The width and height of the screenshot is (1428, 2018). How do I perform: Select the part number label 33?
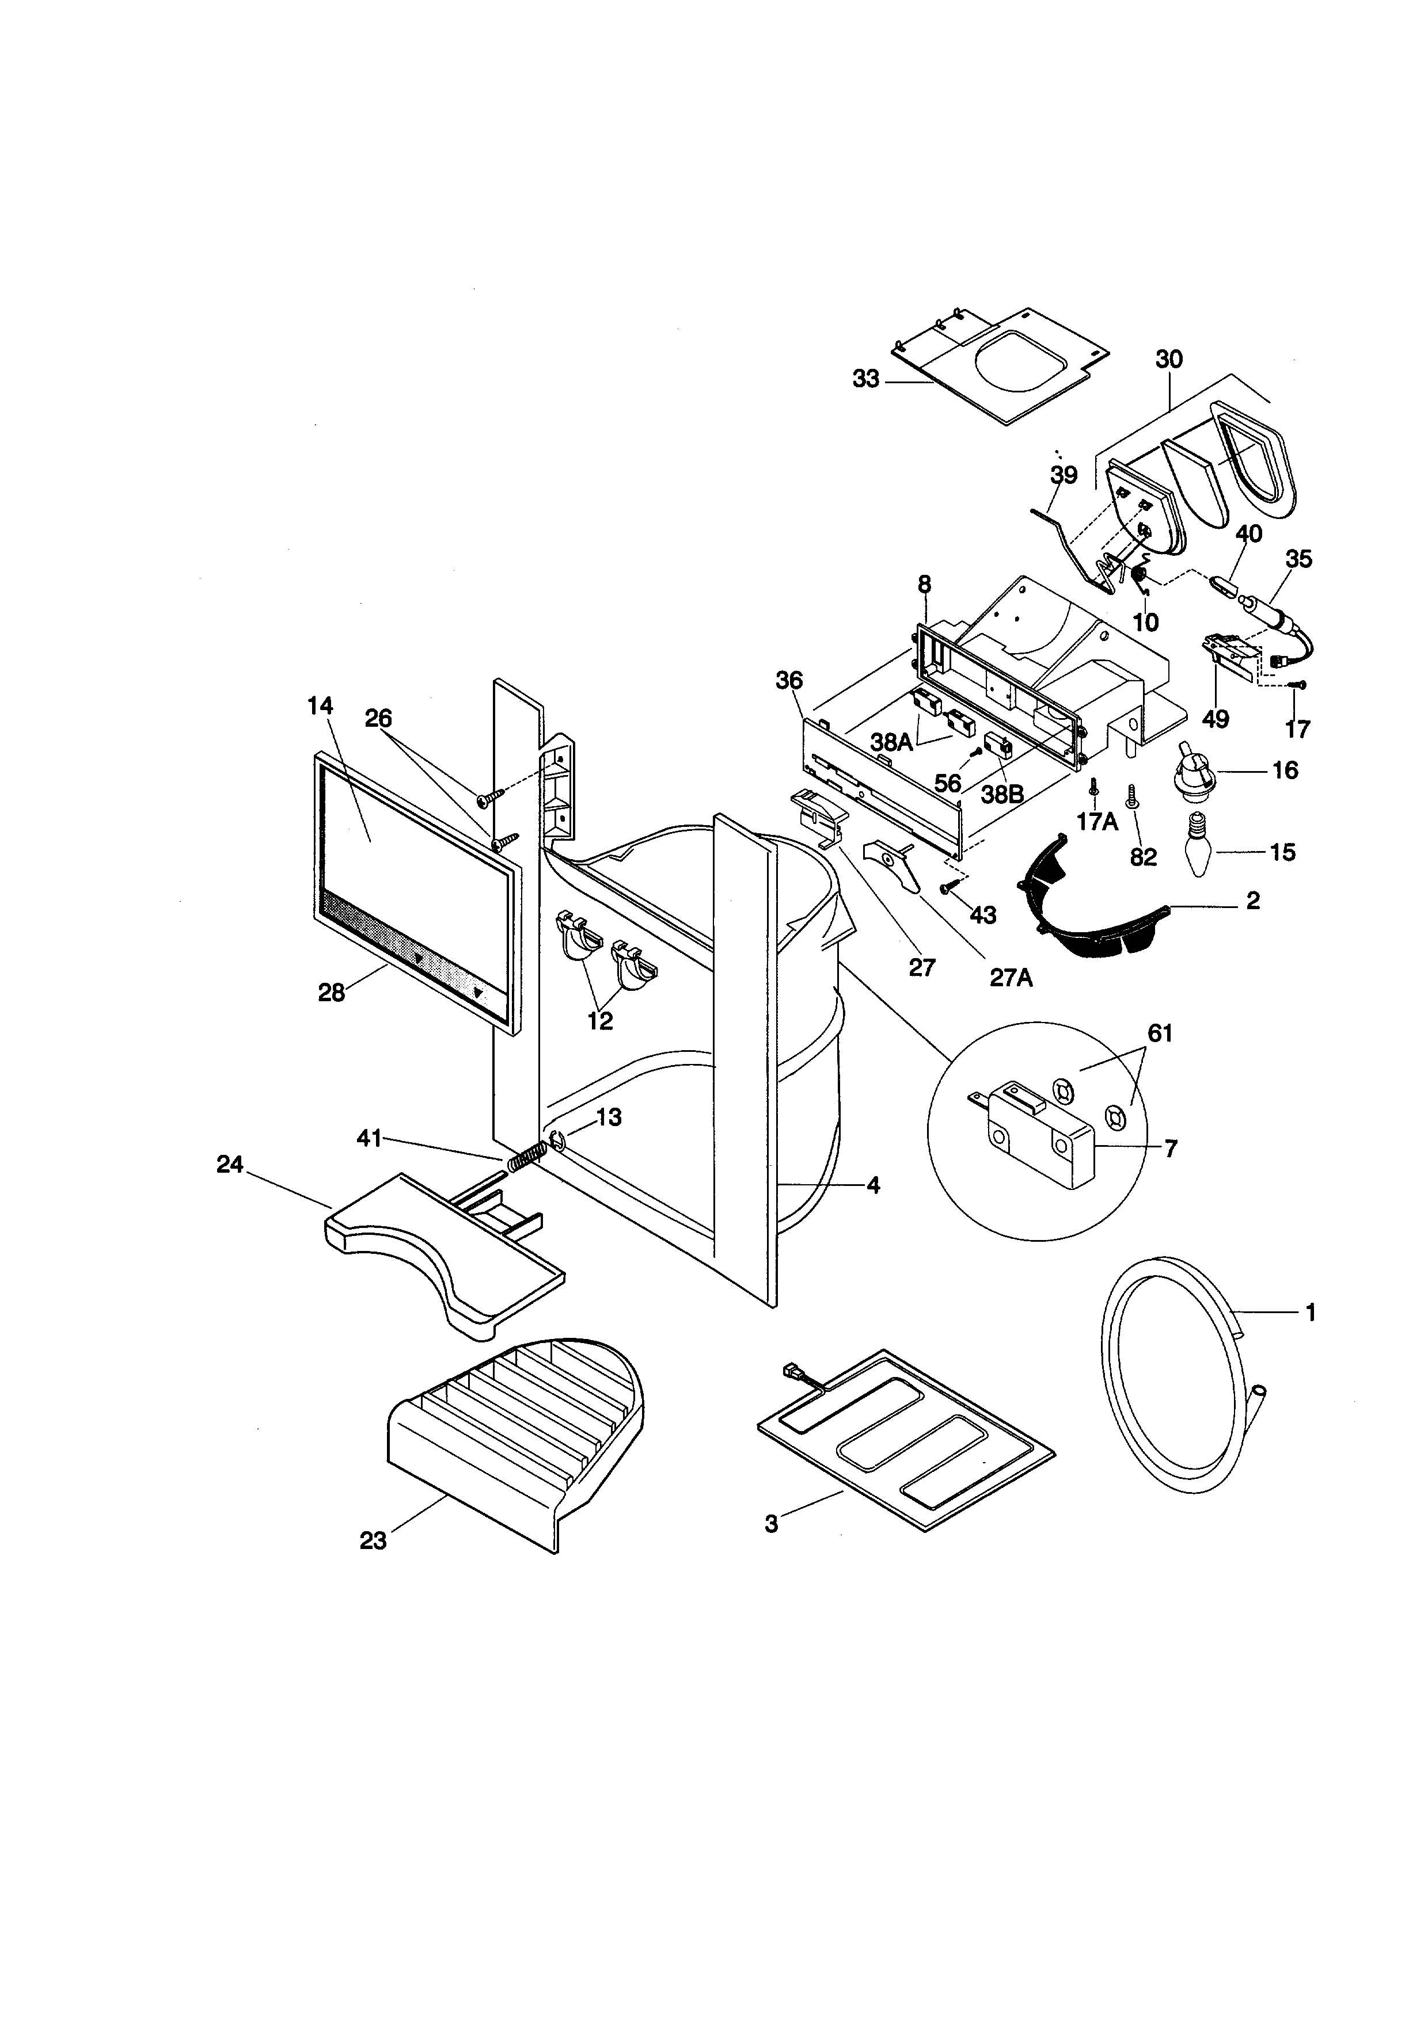[x=865, y=380]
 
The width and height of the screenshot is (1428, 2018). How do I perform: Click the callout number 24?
[x=230, y=1165]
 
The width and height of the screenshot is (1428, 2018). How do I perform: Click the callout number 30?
[x=1169, y=358]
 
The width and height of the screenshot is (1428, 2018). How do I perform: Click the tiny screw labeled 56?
[x=976, y=751]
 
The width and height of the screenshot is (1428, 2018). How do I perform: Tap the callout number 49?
[x=1216, y=718]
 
